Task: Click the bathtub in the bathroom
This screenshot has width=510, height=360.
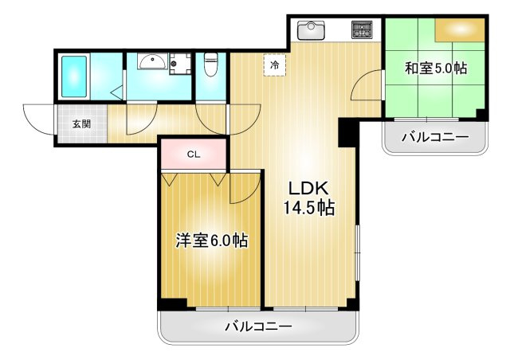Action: (74, 76)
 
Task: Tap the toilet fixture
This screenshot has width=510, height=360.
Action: (210, 65)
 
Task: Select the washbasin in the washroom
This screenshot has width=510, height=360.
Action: (152, 61)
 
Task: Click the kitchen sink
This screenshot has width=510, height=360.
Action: (311, 30)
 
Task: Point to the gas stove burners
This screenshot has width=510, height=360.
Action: (362, 29)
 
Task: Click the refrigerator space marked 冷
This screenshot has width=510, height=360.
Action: (275, 65)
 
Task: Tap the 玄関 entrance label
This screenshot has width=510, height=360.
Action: (81, 124)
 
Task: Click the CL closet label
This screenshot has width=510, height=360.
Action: (194, 155)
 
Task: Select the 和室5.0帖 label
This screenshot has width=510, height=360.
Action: (436, 68)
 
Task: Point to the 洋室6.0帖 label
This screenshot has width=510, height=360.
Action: (212, 241)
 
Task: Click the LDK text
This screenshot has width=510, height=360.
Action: (308, 188)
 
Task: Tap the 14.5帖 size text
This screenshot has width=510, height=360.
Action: (309, 208)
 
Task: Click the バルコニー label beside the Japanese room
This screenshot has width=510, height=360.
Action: (436, 137)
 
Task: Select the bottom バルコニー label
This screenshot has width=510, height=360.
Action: (258, 327)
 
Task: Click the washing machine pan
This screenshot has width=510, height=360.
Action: (180, 64)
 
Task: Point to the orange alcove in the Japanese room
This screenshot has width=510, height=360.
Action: (460, 30)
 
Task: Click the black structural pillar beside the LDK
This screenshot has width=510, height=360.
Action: (347, 133)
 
